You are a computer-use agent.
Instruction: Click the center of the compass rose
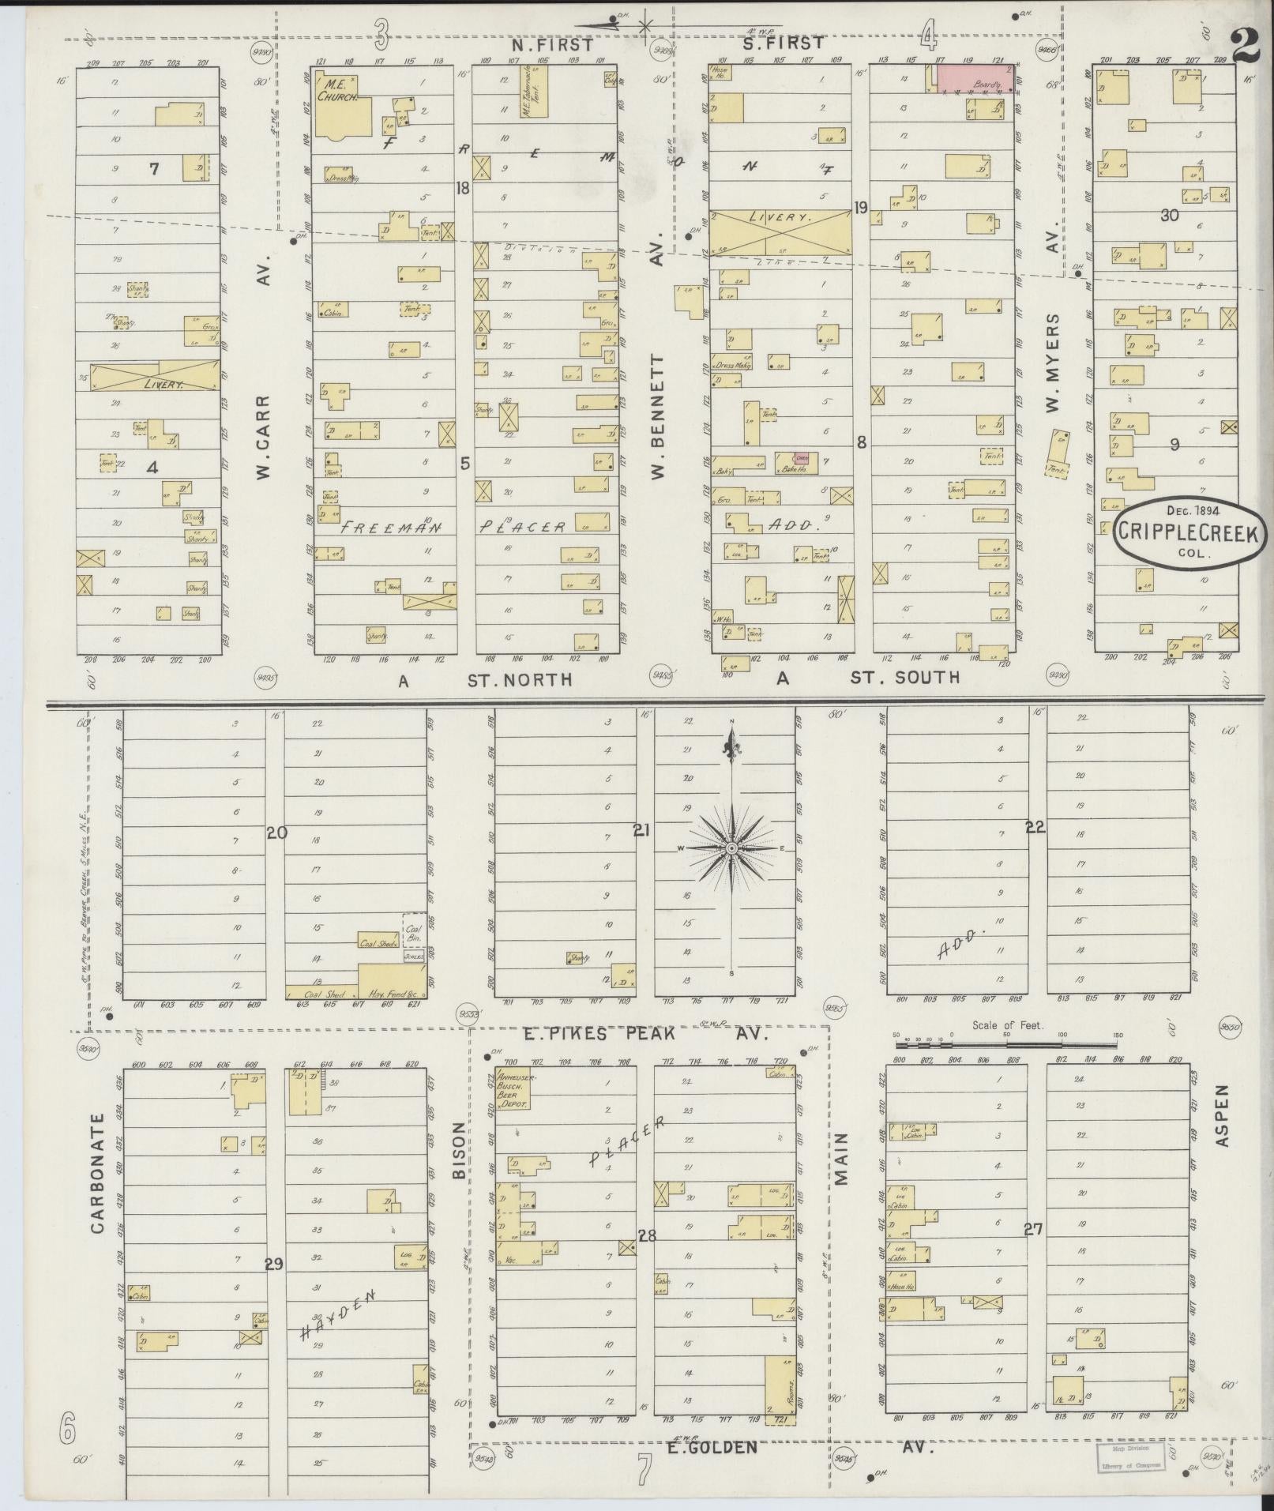[731, 848]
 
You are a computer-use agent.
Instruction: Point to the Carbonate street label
[97, 1184]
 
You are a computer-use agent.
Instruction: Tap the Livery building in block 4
[156, 376]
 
